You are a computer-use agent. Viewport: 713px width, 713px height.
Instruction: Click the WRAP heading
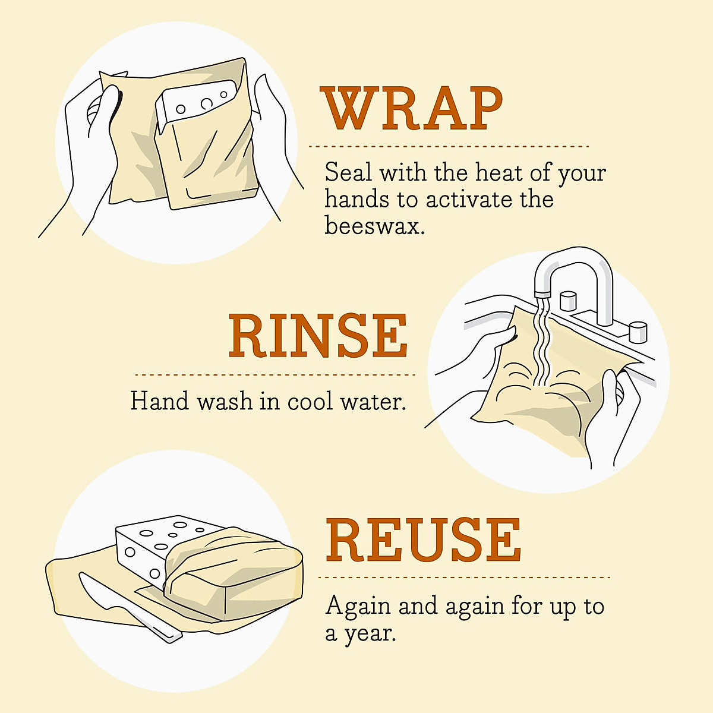412,109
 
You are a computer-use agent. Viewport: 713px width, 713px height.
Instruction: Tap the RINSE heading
318,336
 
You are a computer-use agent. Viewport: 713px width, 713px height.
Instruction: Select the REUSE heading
422,540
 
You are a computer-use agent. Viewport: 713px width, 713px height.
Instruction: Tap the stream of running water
542,345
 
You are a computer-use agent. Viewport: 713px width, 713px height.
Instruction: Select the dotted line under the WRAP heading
449,146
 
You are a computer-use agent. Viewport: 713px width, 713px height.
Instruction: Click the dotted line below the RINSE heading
275,375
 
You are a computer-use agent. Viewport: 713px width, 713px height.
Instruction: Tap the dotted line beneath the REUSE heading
464,577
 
